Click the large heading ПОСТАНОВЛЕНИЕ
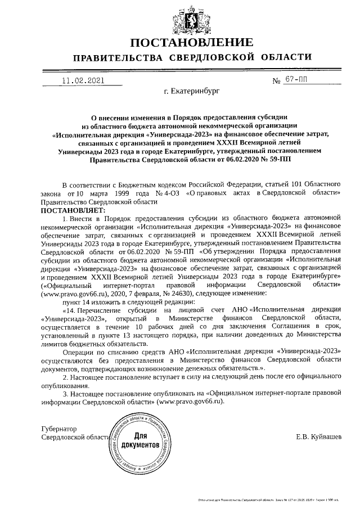tap(191, 43)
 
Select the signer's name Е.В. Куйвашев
tap(318, 436)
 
